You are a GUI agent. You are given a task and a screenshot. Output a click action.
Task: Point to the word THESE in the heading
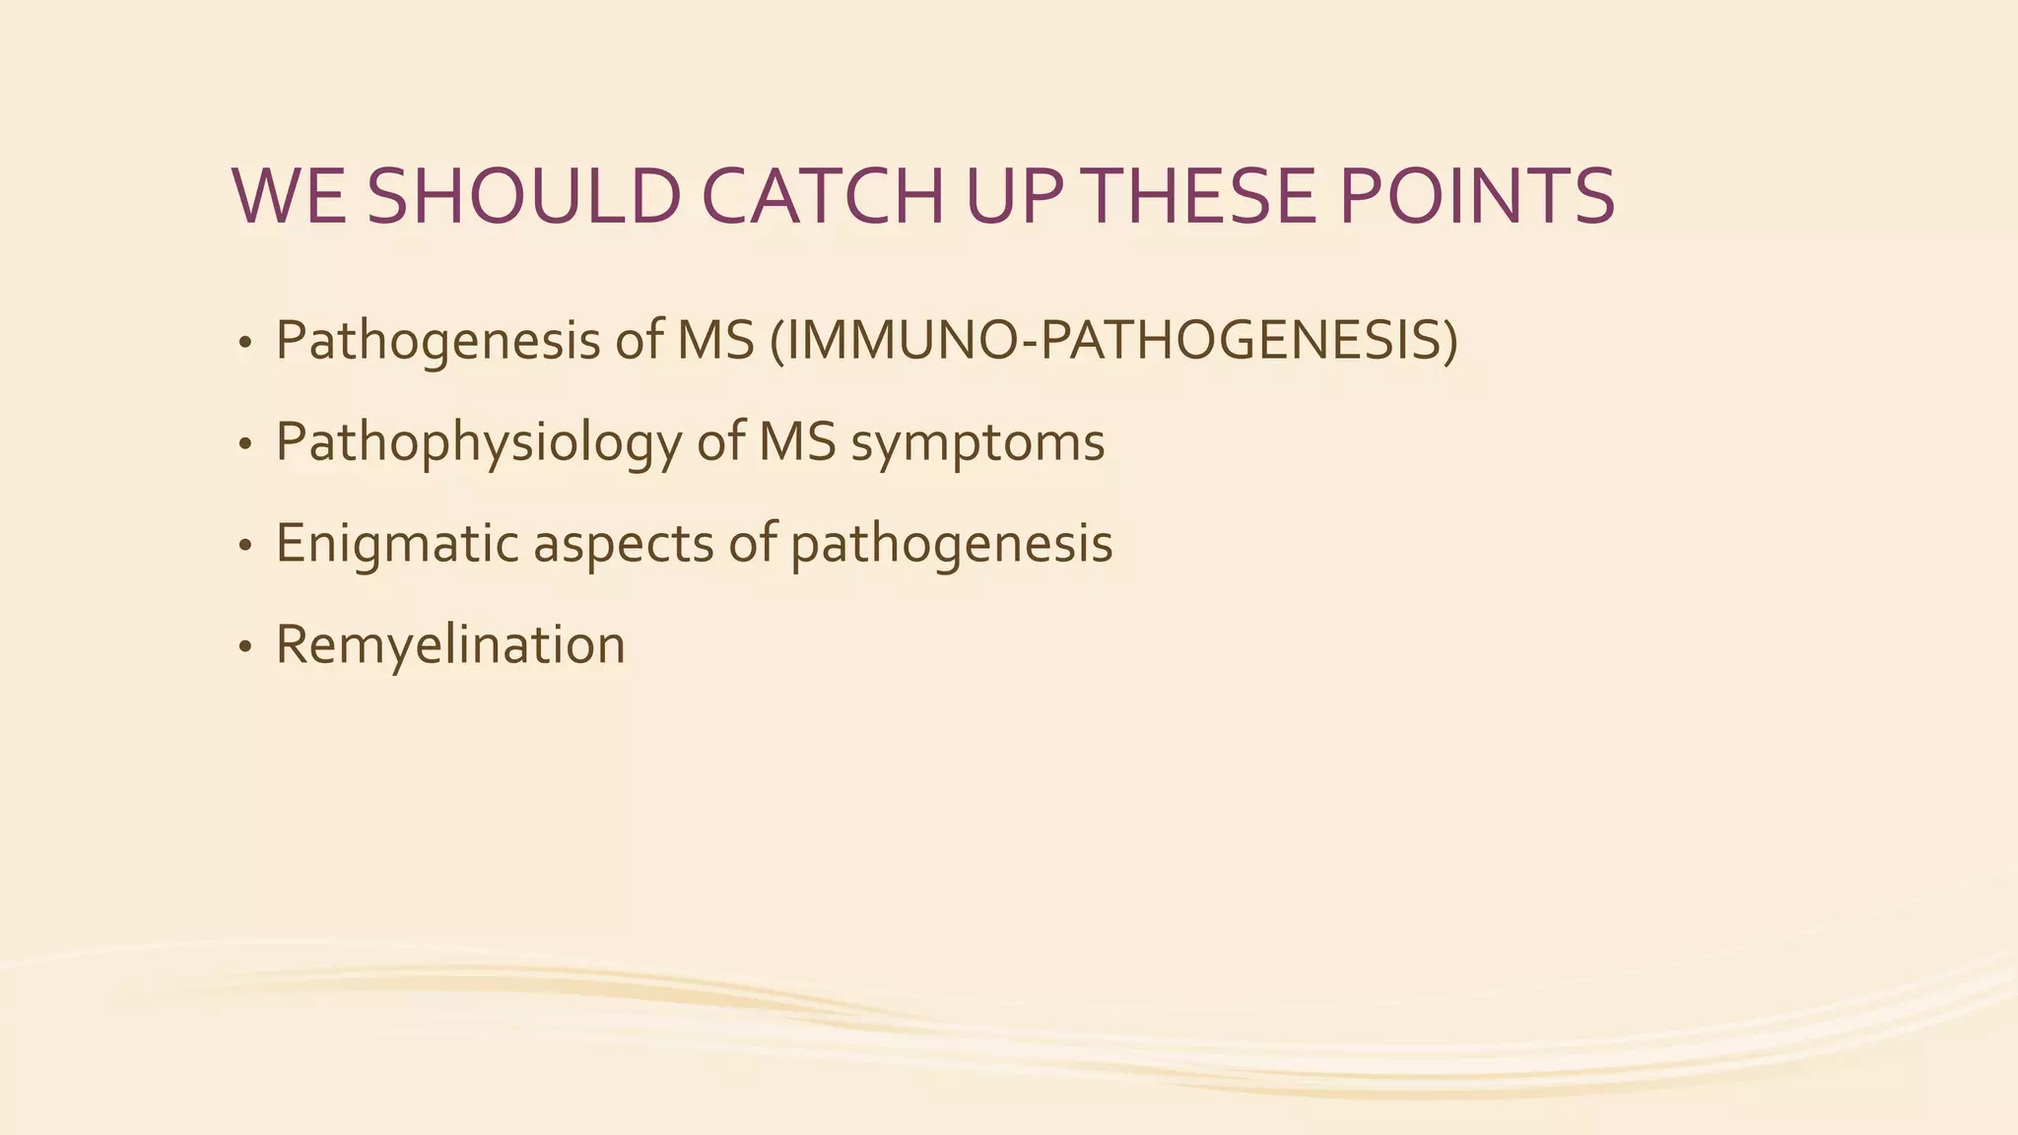(x=1202, y=196)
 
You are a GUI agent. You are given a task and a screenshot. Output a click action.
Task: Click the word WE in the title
(x=288, y=196)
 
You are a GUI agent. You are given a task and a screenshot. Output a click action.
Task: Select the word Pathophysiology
(x=478, y=442)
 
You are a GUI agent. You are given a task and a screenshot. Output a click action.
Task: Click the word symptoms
(x=977, y=442)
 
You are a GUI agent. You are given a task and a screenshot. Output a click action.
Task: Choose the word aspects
(x=623, y=545)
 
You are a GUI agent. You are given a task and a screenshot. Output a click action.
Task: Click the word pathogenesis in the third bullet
(x=951, y=545)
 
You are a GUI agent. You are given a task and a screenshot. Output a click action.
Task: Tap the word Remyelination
(x=450, y=645)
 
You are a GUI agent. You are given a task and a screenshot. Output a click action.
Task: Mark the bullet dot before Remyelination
(x=245, y=648)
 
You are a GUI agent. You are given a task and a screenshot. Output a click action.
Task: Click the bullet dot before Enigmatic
(x=245, y=547)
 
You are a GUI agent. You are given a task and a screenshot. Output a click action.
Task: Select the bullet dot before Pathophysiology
(x=245, y=445)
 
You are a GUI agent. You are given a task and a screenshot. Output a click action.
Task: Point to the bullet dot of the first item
(x=245, y=344)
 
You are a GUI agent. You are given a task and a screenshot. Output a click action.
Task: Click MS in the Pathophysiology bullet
(x=797, y=442)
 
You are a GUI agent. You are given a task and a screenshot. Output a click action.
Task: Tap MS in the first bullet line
(x=715, y=341)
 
